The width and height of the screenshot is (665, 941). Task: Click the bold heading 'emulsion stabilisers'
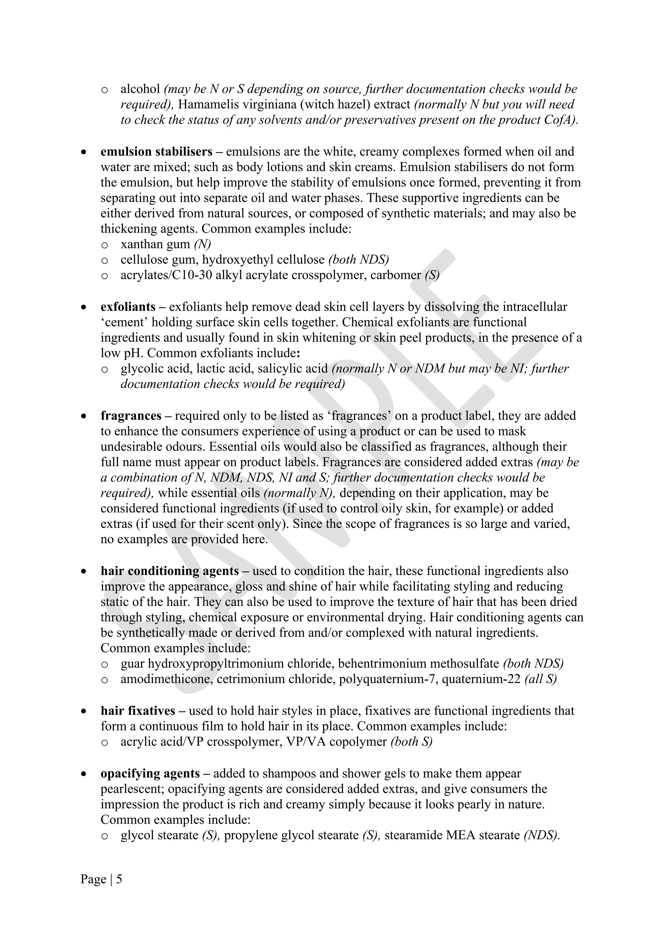[x=157, y=152]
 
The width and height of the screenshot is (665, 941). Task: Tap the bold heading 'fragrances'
[x=131, y=416]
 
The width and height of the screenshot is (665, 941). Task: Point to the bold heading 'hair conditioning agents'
[x=169, y=571]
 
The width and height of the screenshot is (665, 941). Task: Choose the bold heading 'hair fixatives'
[x=138, y=711]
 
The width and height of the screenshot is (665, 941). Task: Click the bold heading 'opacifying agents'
[x=150, y=773]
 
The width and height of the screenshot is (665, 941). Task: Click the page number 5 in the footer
[x=119, y=880]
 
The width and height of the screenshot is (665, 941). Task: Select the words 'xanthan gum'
[x=155, y=244]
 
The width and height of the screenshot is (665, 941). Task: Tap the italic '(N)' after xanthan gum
[x=203, y=244]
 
